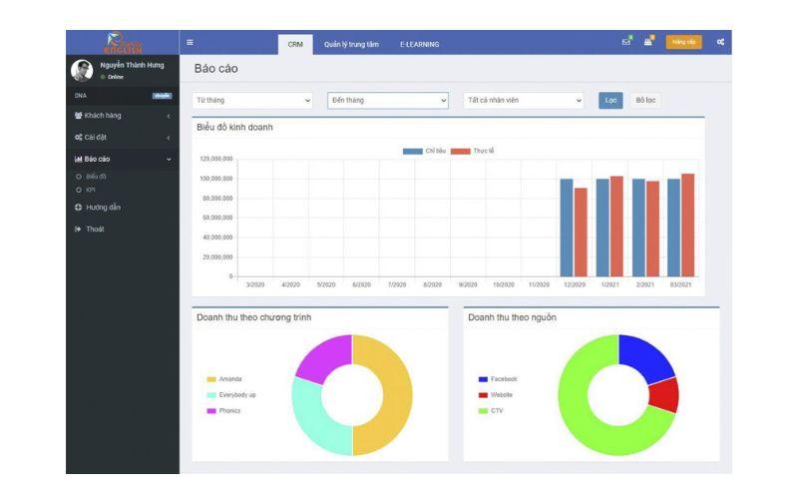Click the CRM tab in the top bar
(295, 44)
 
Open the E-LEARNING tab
(419, 44)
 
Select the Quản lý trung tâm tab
(351, 44)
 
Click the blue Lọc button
(610, 100)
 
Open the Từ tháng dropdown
(253, 100)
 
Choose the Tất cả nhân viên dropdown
(524, 100)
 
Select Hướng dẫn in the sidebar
(103, 208)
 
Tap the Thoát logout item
(94, 230)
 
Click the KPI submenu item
(91, 190)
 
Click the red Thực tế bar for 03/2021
(688, 225)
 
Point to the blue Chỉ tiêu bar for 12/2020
(567, 228)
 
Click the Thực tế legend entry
(472, 151)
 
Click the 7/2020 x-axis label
(397, 284)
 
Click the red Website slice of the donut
(664, 395)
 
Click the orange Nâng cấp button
(683, 42)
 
